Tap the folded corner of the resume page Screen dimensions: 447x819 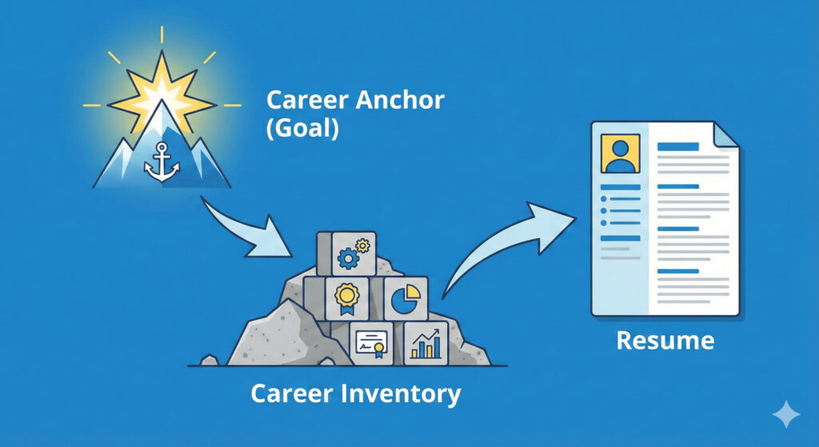point(725,136)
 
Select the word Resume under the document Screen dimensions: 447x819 point(664,341)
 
